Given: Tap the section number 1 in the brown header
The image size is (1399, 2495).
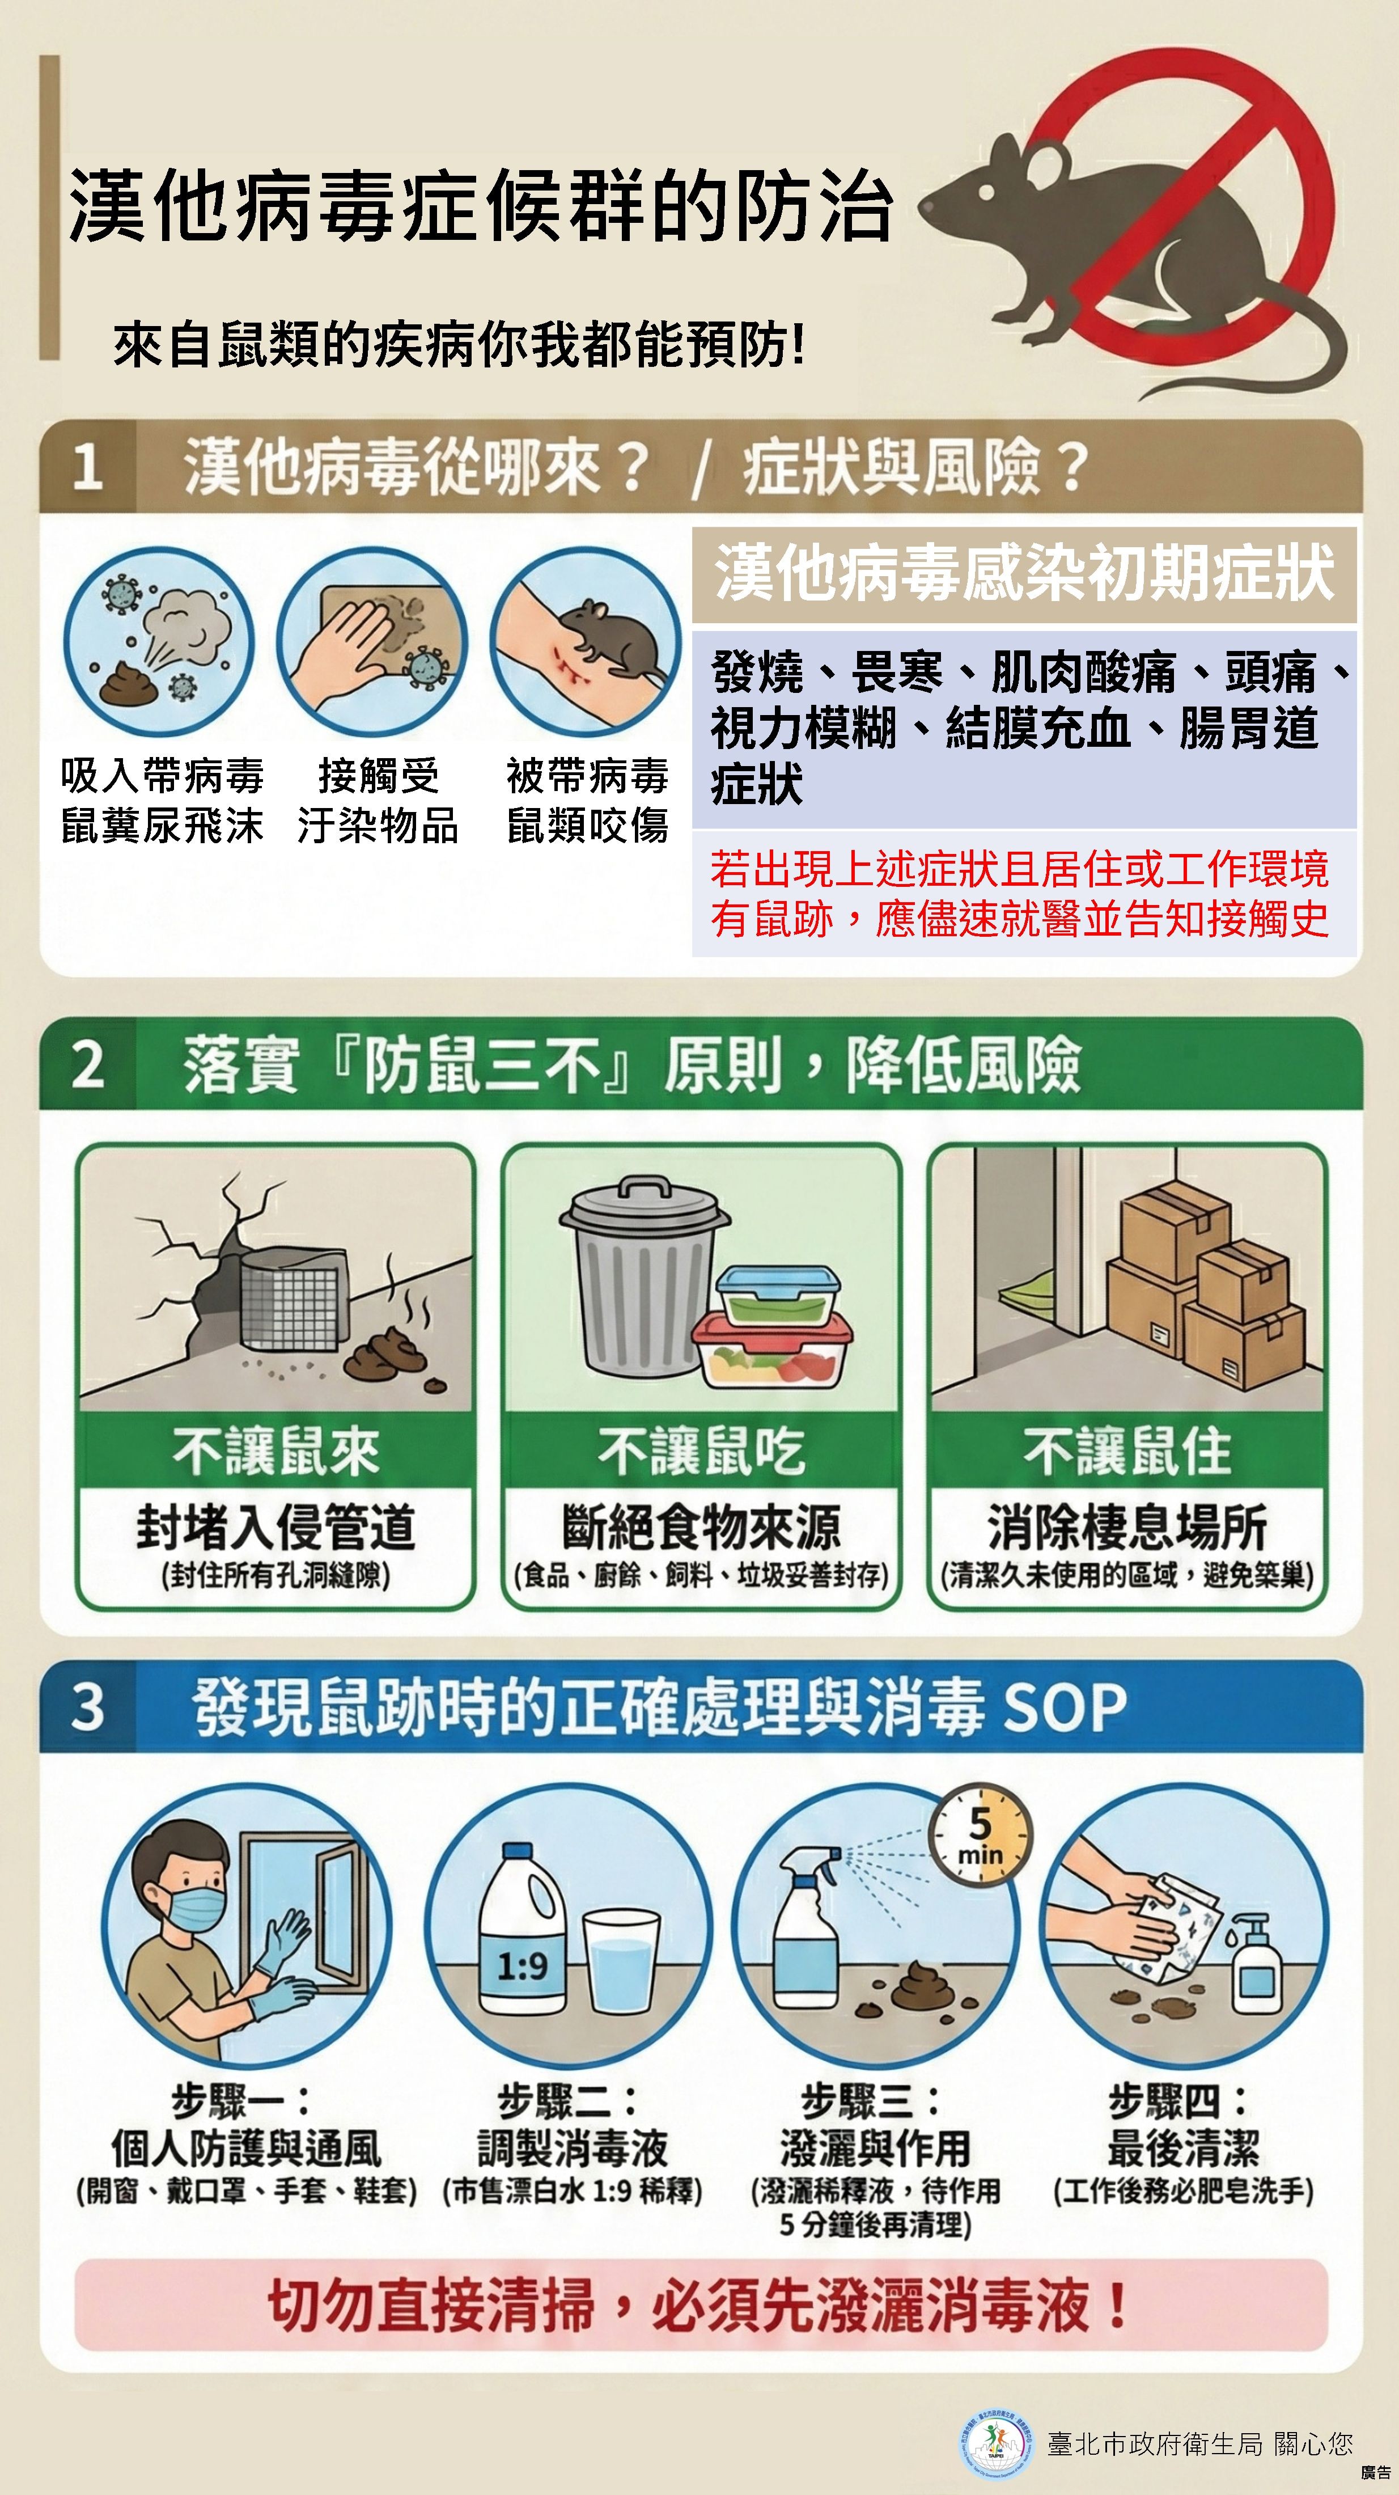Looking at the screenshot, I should coord(87,466).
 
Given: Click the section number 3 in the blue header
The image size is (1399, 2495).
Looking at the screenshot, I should coord(87,1707).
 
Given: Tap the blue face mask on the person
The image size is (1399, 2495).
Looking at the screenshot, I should coord(194,1906).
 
